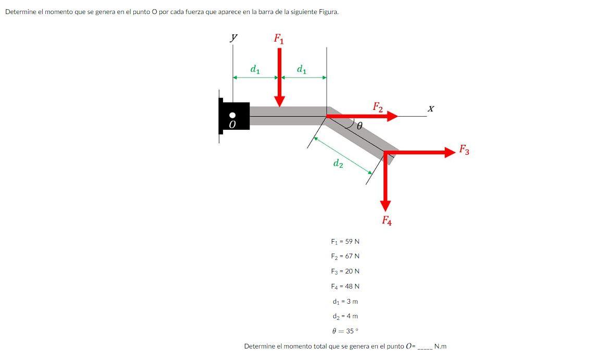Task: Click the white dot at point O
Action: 233,115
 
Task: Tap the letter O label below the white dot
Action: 233,125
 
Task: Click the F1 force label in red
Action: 279,39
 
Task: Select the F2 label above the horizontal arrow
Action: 378,107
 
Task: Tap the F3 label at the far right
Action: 464,151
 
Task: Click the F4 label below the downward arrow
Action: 387,220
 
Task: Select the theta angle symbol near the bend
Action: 359,126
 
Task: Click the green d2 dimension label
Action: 338,164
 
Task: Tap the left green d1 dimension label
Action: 255,69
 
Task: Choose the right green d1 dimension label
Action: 301,69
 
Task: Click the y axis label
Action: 234,37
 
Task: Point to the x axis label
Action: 430,109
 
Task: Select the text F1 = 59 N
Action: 345,242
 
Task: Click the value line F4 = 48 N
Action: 345,287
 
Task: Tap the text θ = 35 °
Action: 345,331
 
